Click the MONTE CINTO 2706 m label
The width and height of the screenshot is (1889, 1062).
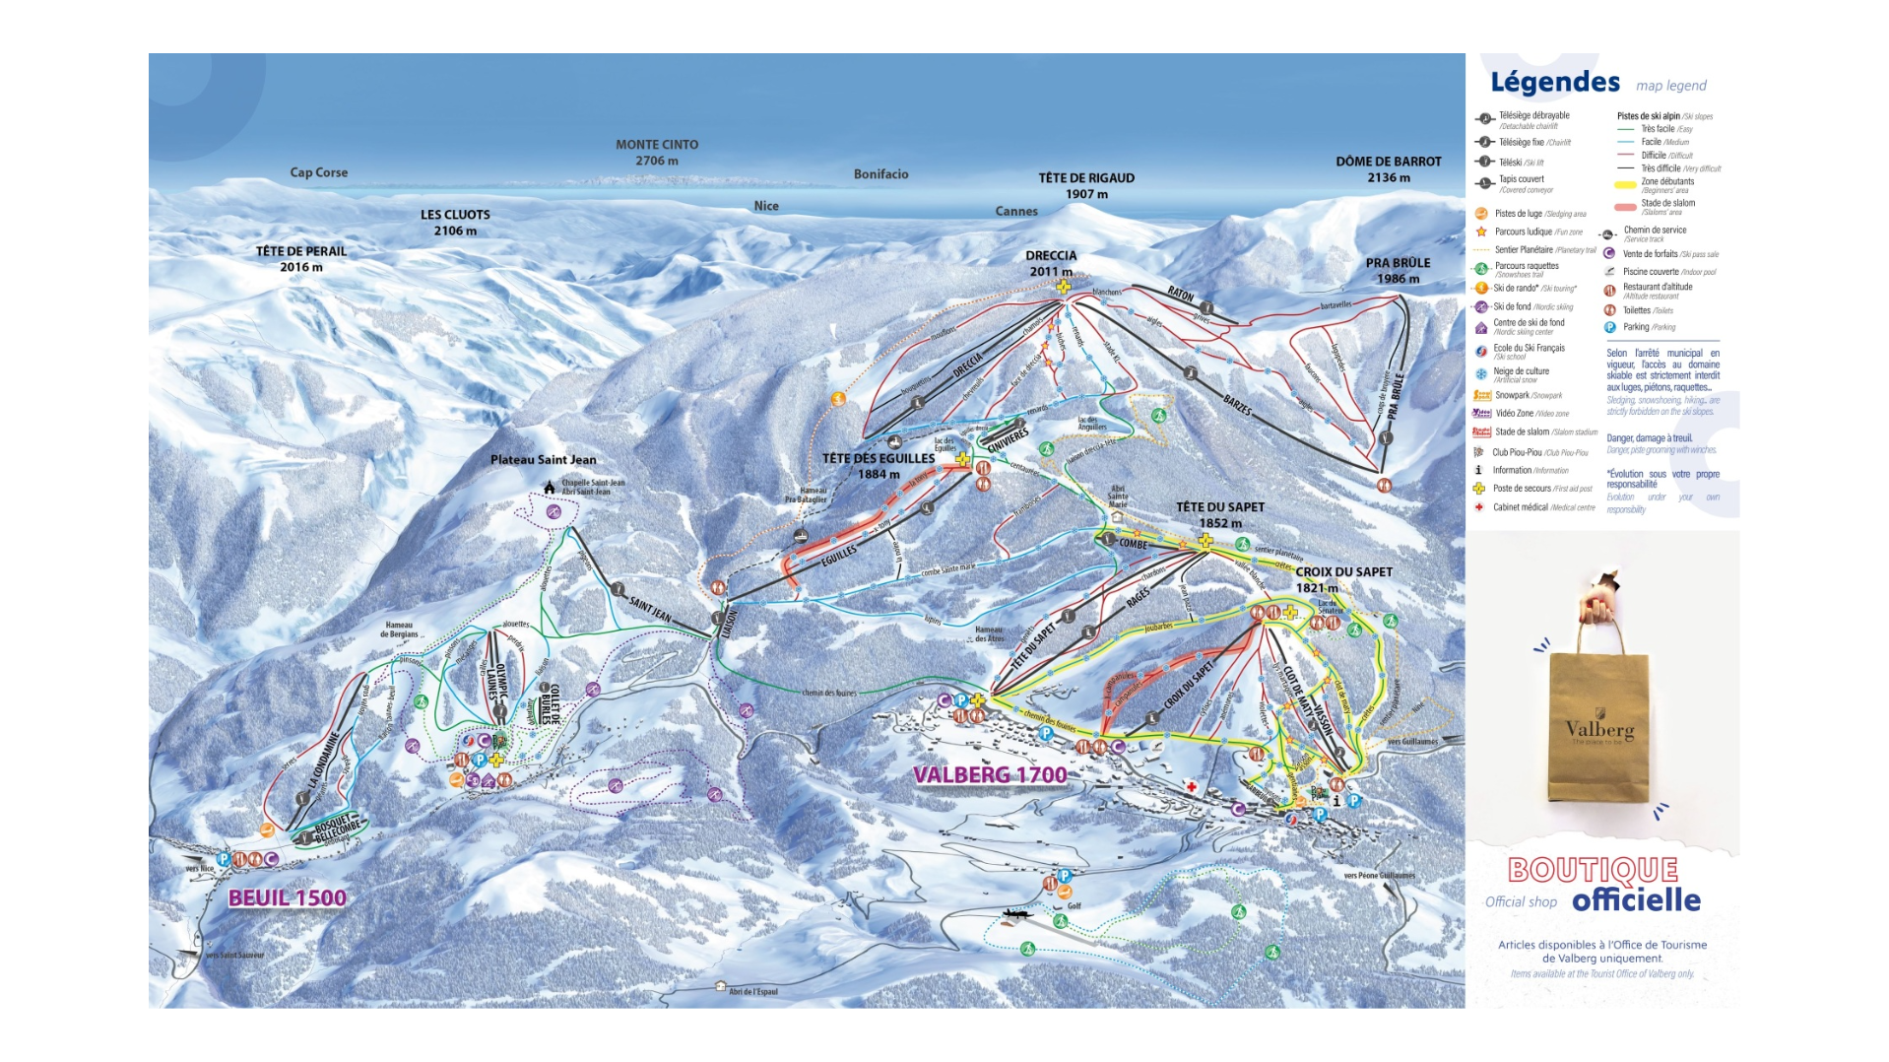657,152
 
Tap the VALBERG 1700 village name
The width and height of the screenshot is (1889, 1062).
990,775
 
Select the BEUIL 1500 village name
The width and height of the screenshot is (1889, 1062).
288,897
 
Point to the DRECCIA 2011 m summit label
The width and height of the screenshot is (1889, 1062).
1051,263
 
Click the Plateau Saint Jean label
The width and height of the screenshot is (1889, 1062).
543,460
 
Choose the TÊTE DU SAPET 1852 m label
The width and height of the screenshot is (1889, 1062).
1219,514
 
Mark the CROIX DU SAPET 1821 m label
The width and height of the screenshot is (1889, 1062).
1343,579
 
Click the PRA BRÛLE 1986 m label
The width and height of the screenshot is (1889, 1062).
1398,270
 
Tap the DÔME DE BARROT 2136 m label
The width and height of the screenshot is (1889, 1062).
1388,168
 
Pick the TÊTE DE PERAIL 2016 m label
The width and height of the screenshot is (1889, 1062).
301,258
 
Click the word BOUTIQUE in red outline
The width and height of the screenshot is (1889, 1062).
1593,870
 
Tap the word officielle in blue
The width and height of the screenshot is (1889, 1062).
1636,900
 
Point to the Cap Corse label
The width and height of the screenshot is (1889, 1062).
318,172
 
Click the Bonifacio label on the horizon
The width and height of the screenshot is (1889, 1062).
880,174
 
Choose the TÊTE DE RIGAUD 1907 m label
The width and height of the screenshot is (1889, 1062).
1086,185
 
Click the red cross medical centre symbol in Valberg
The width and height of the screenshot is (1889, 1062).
1192,786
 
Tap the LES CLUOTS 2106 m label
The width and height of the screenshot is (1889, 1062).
455,222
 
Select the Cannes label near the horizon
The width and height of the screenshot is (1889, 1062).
1016,211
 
